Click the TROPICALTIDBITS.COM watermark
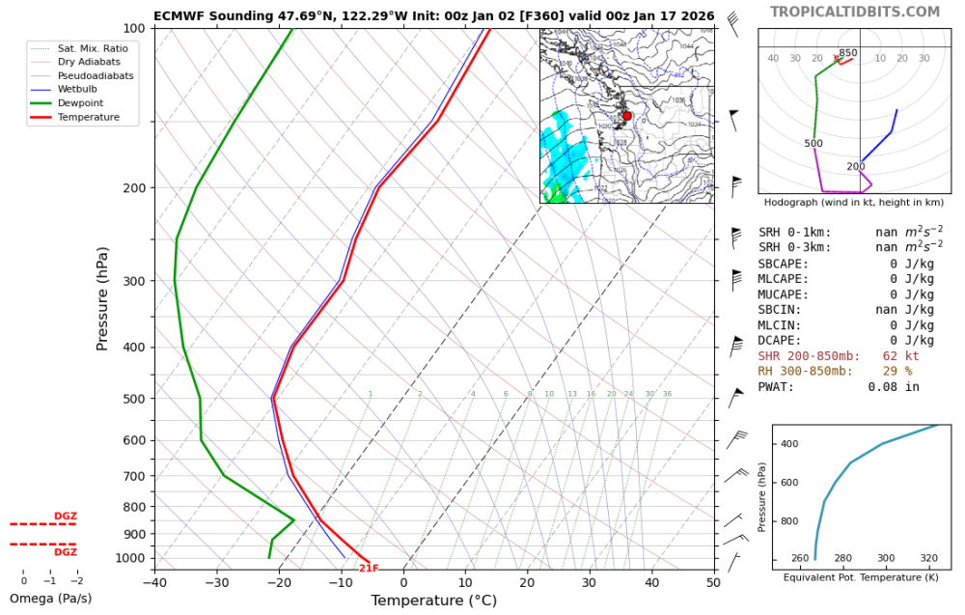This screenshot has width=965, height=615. tap(854, 12)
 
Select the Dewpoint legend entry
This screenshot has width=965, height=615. tap(79, 103)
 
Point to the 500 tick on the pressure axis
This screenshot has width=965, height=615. tap(134, 399)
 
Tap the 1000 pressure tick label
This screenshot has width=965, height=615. tap(130, 558)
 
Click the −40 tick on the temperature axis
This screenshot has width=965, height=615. tap(154, 582)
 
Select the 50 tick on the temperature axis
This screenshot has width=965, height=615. tap(713, 582)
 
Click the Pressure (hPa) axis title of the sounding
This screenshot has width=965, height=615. tap(102, 298)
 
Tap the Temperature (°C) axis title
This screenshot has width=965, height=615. tap(433, 601)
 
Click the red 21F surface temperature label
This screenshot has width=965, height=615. tap(369, 569)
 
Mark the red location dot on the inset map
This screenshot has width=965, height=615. tap(627, 116)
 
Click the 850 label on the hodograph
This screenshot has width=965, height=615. tap(847, 53)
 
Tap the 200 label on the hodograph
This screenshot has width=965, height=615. tap(856, 167)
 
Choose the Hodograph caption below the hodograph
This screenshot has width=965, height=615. tap(853, 203)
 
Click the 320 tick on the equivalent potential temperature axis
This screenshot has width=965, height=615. tap(928, 559)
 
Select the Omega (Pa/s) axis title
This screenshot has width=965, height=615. tap(49, 599)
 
